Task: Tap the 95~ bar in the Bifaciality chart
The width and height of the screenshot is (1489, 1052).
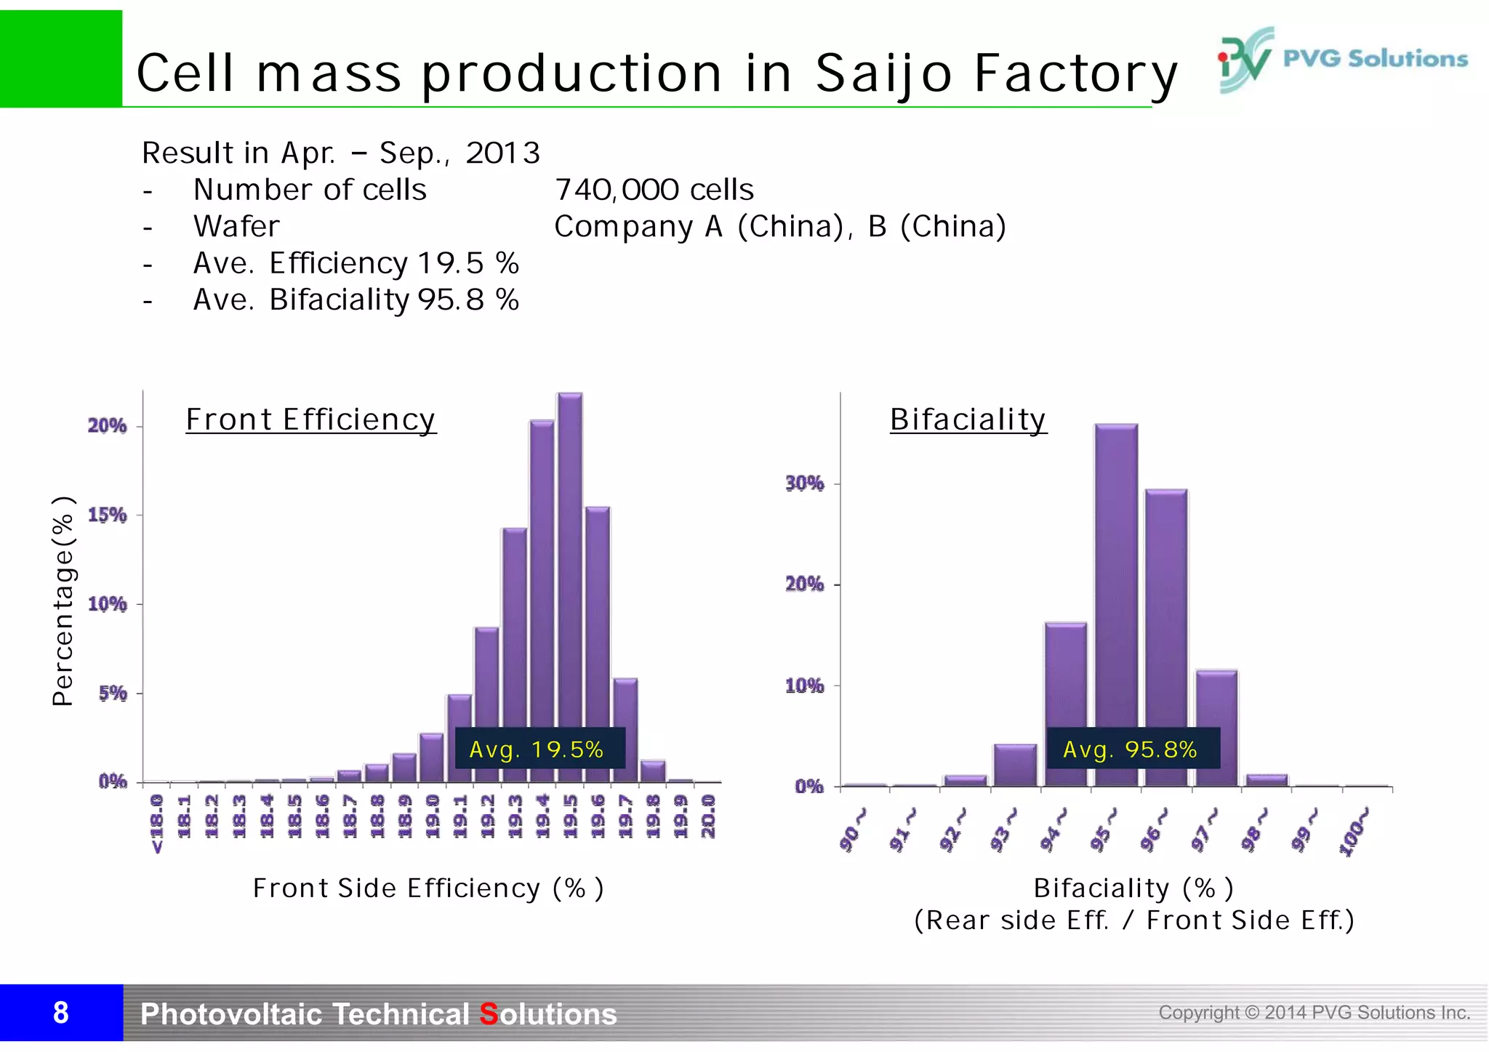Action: coord(1116,582)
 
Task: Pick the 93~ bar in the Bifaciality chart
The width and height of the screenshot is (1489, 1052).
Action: coord(1015,765)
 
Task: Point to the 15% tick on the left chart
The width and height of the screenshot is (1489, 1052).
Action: coord(108,515)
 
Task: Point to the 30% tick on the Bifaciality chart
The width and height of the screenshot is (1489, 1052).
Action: coord(805,483)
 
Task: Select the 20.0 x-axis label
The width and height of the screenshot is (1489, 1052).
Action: coord(708,816)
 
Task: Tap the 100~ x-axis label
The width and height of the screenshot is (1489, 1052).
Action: coord(1354,832)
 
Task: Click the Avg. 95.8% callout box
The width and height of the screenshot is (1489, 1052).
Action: coord(1132,749)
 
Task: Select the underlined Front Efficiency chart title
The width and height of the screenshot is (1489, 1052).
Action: coord(310,419)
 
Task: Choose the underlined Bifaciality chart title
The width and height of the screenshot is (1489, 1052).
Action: coord(968,419)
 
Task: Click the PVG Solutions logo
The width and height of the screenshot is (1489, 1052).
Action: coord(1342,60)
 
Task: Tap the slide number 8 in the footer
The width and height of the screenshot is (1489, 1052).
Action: coord(61,1013)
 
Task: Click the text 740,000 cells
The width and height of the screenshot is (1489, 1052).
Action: coord(654,190)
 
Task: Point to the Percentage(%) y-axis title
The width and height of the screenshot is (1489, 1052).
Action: coord(63,601)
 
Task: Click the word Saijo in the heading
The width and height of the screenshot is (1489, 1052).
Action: coord(883,74)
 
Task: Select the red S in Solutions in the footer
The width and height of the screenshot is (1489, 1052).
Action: coord(489,1014)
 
